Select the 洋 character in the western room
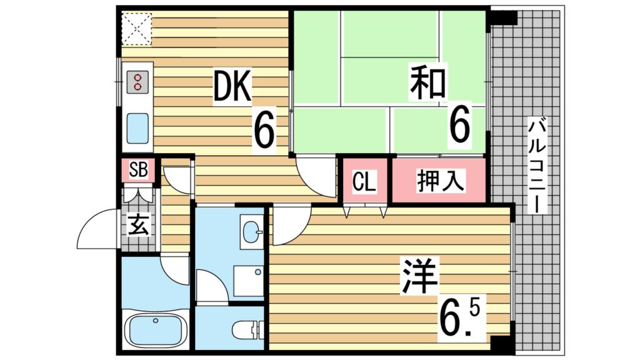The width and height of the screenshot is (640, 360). pos(419,276)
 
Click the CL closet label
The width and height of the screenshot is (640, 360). pos(364,182)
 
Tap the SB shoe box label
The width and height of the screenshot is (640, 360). pos(138,169)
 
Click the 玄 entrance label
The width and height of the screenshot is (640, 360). pos(139,225)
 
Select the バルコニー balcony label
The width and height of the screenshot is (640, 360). pos(537,165)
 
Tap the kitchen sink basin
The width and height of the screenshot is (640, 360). pos(137,127)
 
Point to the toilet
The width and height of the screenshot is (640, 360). pos(247,329)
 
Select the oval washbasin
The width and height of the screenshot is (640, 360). pos(252,232)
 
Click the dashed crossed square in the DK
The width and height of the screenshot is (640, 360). pos(137,29)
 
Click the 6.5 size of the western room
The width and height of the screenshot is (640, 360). pos(462,318)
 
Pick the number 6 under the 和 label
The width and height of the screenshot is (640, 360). pos(459,122)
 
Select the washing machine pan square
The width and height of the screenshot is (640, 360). pos(249,281)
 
